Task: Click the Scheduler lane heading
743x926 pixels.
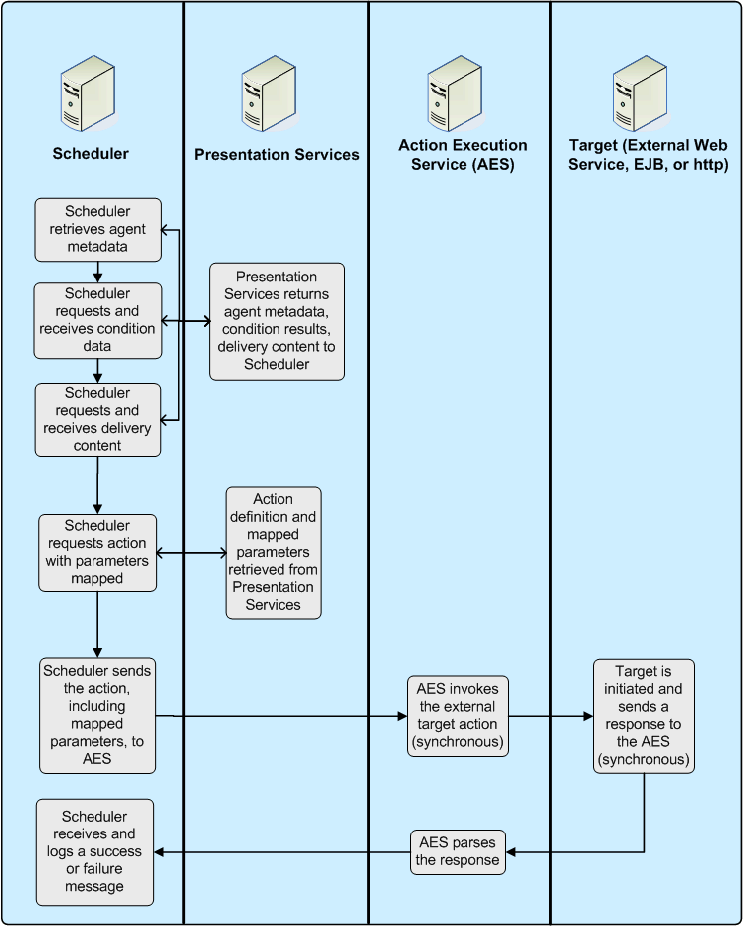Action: click(91, 153)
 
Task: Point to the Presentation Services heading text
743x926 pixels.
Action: click(277, 154)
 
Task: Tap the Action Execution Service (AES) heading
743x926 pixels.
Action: click(463, 155)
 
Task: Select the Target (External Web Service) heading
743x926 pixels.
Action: click(648, 155)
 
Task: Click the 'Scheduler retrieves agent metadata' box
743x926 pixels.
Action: click(97, 228)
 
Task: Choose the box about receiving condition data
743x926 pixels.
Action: click(97, 320)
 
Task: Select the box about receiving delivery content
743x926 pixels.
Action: click(97, 419)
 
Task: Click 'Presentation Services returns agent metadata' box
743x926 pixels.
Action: click(277, 321)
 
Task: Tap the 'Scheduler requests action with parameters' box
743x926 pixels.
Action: click(97, 552)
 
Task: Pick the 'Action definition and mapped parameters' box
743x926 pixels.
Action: click(274, 552)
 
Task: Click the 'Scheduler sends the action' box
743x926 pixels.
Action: click(97, 715)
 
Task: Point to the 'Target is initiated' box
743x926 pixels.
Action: click(644, 715)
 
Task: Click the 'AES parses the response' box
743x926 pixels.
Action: click(458, 851)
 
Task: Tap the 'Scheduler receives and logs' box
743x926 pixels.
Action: click(95, 851)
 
